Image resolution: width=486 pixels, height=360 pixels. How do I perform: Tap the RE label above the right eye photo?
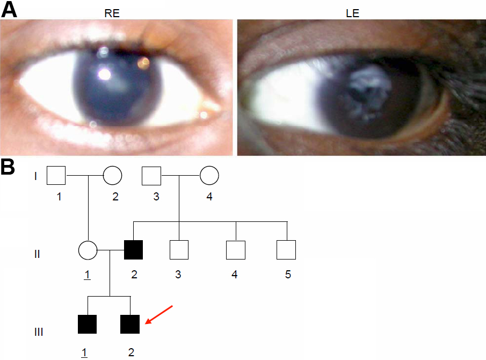(x=112, y=14)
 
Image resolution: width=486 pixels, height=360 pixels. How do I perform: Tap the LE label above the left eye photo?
(x=352, y=14)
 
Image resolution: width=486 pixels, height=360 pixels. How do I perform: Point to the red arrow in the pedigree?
(x=160, y=315)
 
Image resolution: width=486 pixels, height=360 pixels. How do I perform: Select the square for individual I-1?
(x=56, y=175)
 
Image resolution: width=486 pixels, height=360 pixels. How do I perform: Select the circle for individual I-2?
(x=112, y=175)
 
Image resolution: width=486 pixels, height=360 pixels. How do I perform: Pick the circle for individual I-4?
(x=209, y=175)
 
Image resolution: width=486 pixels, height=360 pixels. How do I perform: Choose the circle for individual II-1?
(x=88, y=250)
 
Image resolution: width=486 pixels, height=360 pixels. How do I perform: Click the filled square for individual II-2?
(x=134, y=250)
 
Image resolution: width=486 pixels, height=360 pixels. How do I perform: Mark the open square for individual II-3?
(x=179, y=250)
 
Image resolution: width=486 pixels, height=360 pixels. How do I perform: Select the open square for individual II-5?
(x=286, y=250)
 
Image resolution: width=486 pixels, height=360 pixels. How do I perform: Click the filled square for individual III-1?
(x=87, y=324)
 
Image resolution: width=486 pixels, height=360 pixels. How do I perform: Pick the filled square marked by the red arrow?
(x=130, y=324)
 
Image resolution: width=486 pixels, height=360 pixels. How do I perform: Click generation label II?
(x=37, y=254)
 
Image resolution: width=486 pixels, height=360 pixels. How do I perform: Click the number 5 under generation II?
(x=288, y=275)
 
